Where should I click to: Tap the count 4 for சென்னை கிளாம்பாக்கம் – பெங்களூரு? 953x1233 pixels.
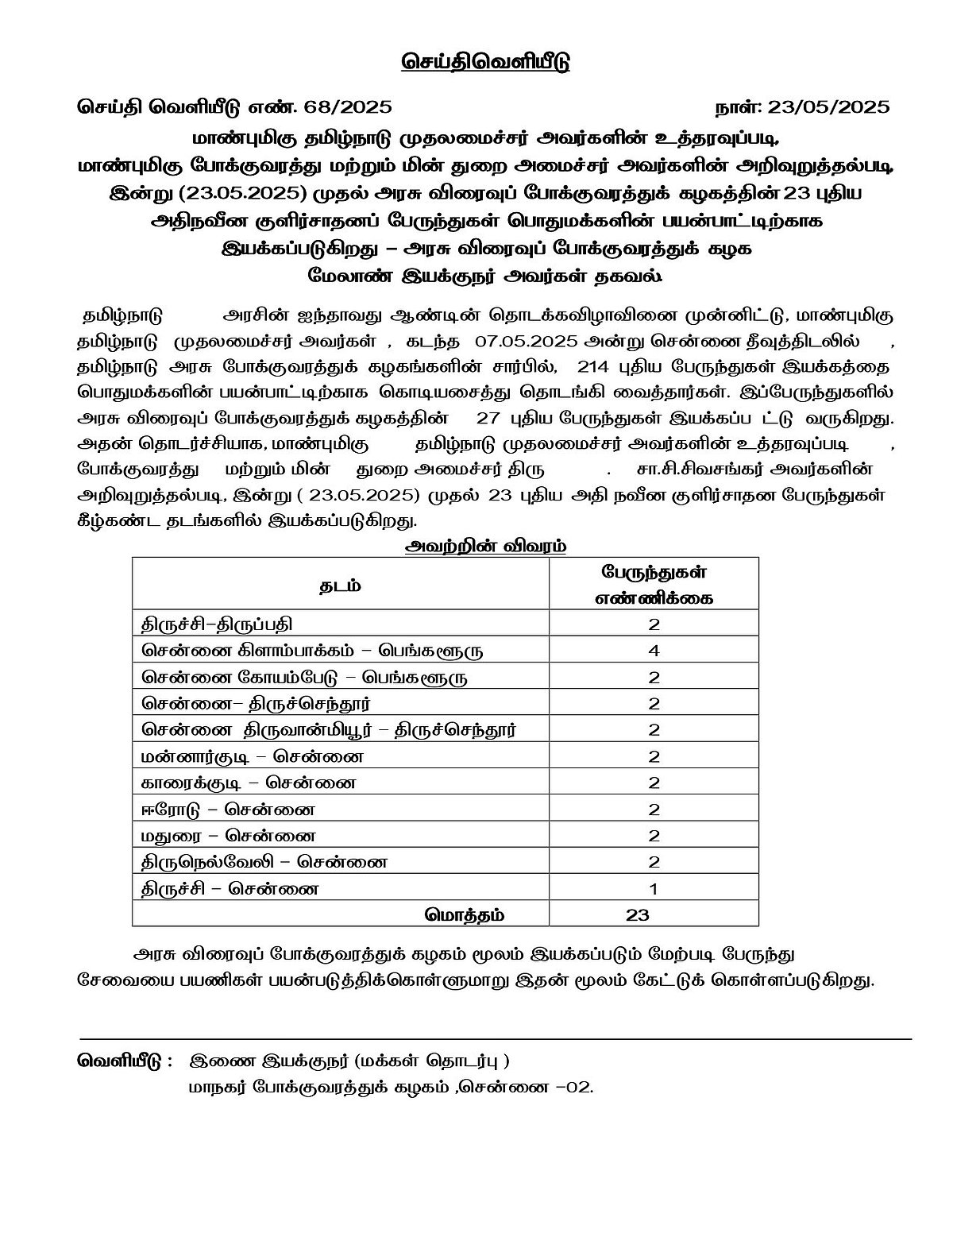click(x=654, y=651)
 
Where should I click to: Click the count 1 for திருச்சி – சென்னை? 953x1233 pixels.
click(x=654, y=888)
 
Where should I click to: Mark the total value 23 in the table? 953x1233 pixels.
click(x=638, y=914)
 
